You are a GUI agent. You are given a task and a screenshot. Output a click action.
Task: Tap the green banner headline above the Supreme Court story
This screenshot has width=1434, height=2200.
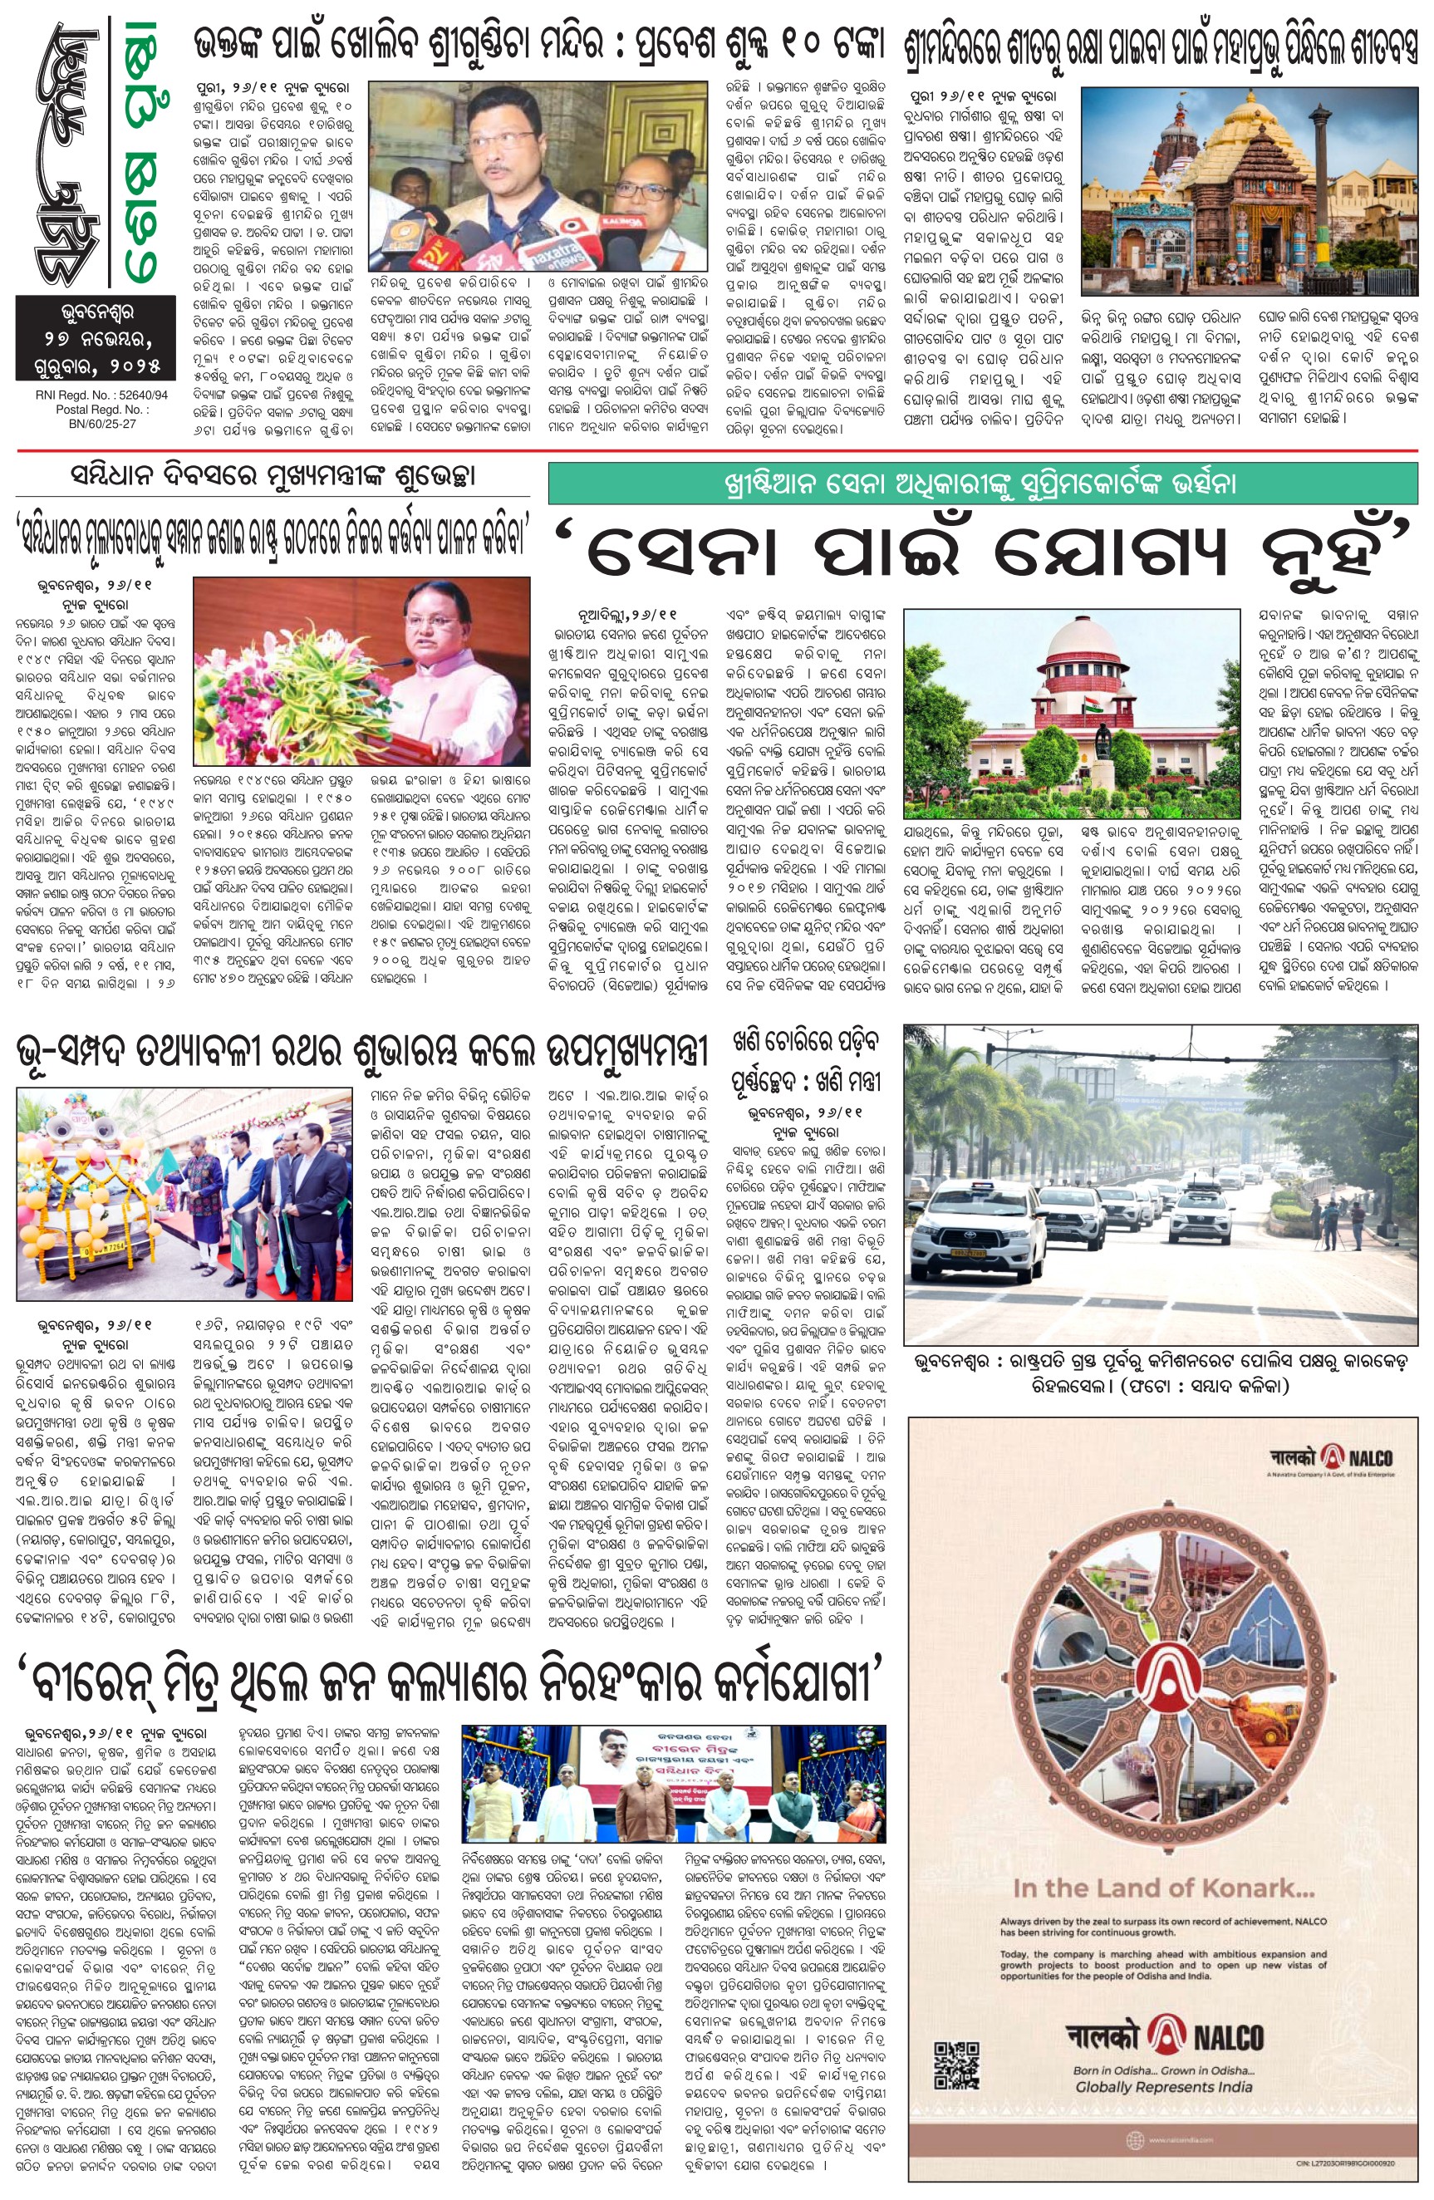[x=982, y=484]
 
